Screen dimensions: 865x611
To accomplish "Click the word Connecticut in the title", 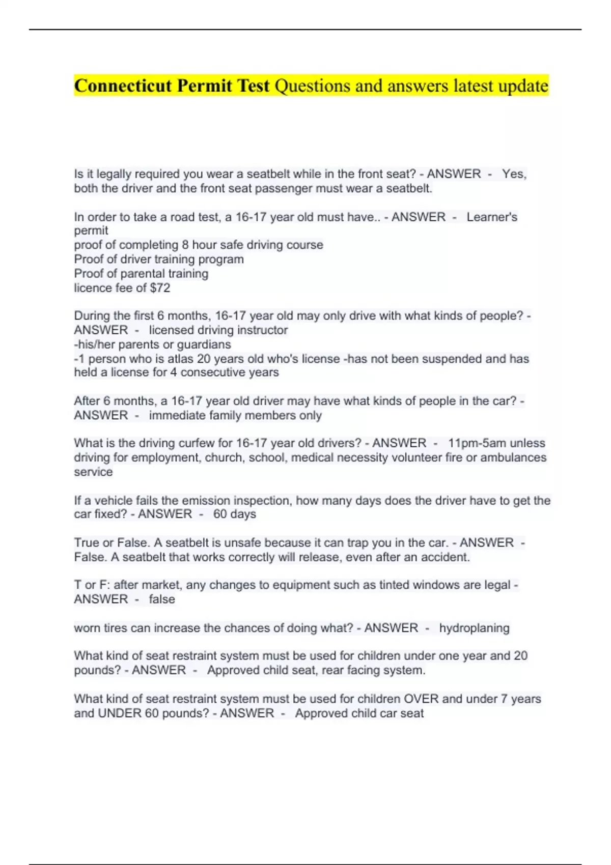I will pyautogui.click(x=123, y=85).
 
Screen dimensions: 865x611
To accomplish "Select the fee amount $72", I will pyautogui.click(x=160, y=288).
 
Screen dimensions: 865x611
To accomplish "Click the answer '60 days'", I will pyautogui.click(x=234, y=514).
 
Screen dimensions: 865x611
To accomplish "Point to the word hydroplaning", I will pyautogui.click(x=474, y=628).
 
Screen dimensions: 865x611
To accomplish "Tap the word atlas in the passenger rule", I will pyautogui.click(x=181, y=359).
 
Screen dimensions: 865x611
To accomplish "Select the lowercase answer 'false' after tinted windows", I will pyautogui.click(x=162, y=599).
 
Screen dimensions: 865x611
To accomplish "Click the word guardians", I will pyautogui.click(x=204, y=344).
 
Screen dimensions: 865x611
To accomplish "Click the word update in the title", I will pyautogui.click(x=523, y=85).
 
